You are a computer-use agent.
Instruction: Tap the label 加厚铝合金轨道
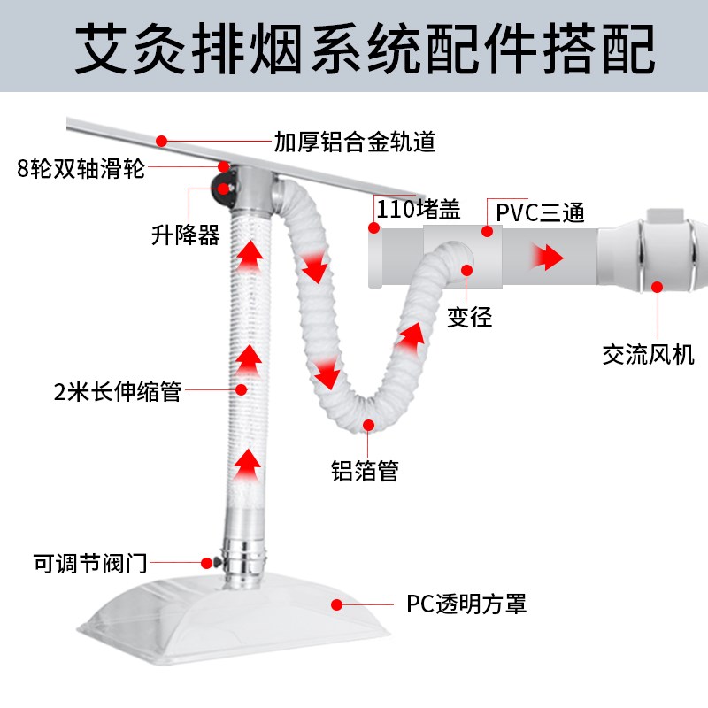click(354, 142)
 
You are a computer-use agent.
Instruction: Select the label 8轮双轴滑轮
click(81, 169)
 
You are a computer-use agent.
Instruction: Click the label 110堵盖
click(419, 210)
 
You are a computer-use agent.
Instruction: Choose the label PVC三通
click(540, 212)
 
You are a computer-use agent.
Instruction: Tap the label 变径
click(468, 316)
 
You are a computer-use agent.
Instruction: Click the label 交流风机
click(648, 355)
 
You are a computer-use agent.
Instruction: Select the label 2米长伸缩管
click(117, 390)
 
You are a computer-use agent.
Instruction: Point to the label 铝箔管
click(365, 470)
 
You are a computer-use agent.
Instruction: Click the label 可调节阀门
click(89, 562)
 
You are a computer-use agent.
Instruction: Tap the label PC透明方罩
click(466, 604)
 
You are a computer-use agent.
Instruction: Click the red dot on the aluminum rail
click(161, 140)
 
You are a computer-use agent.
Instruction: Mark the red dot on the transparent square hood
click(337, 604)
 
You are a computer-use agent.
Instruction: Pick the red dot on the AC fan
click(657, 286)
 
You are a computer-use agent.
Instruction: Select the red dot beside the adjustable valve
click(206, 561)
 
